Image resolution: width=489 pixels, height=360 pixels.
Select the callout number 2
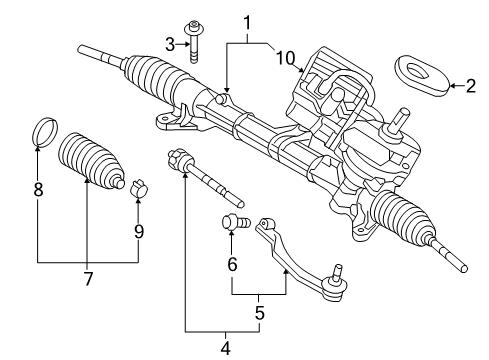click(470, 86)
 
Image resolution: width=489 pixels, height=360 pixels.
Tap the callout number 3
click(171, 43)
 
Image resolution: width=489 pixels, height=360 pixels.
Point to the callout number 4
click(225, 349)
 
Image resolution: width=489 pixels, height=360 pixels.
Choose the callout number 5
click(259, 312)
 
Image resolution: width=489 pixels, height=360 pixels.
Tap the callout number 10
click(287, 59)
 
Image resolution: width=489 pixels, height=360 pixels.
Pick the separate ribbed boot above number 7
click(88, 157)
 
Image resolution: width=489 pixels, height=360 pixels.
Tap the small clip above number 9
click(140, 187)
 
